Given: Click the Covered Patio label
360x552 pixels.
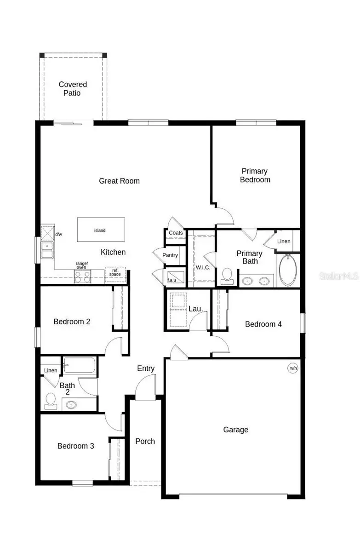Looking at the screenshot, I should point(73,89).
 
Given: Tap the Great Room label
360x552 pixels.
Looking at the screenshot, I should point(119,181).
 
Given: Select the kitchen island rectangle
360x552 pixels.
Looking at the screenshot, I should point(100,230).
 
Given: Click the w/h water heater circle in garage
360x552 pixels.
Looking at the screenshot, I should point(292,368).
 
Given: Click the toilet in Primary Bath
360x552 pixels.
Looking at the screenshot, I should point(227,275).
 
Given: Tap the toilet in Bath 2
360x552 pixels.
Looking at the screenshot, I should point(51,400).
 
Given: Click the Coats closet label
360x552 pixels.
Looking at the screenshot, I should point(176,233).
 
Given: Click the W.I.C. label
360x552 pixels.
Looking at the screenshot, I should point(202,267).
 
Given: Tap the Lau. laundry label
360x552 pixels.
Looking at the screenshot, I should point(196,309).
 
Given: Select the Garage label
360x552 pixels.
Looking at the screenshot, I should point(235,430).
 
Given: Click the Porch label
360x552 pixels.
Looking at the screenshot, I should point(145,441).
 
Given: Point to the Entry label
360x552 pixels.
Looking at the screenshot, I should point(146,368).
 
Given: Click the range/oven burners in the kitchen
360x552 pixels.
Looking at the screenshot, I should point(83,276).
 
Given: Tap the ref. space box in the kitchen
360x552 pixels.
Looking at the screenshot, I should point(115,272).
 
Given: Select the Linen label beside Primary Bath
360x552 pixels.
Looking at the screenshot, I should point(284,241).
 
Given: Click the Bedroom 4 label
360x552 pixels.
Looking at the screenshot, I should point(263,324).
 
